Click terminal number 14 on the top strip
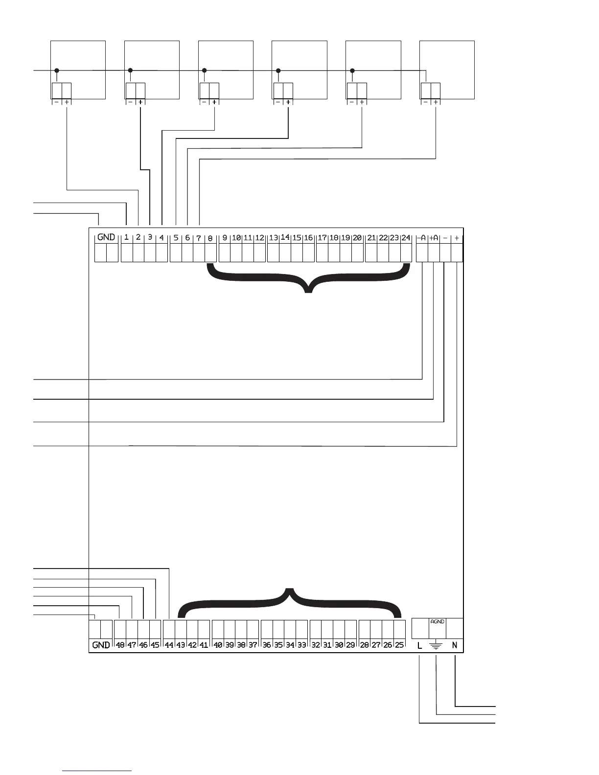(285, 237)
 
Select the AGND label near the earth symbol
(437, 622)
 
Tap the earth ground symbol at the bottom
(436, 646)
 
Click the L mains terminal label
(420, 645)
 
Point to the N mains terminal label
(455, 645)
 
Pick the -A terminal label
(422, 238)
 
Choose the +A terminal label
(434, 238)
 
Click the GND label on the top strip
(106, 237)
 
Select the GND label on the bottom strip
(101, 645)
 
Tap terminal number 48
(120, 645)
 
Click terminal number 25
(399, 645)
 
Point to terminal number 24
(406, 238)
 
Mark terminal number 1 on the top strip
(126, 237)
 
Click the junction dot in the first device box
(57, 70)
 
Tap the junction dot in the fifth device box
(352, 70)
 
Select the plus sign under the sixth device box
(436, 102)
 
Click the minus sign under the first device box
(56, 102)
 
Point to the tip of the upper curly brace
(308, 292)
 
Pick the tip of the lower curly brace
(290, 589)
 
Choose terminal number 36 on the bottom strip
(267, 645)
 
